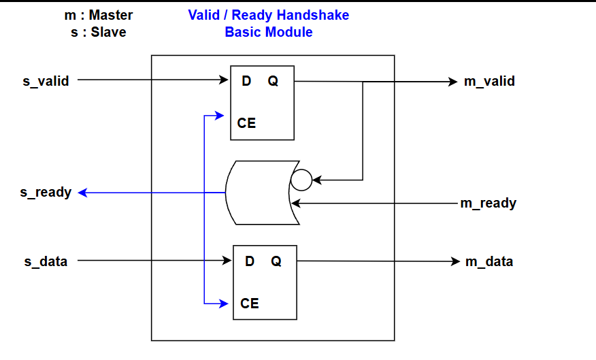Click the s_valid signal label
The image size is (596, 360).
pyautogui.click(x=46, y=82)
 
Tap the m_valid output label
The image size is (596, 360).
pyautogui.click(x=489, y=82)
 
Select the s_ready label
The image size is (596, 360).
pyautogui.click(x=46, y=193)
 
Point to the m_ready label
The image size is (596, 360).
pyautogui.click(x=488, y=203)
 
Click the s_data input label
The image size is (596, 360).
pyautogui.click(x=45, y=261)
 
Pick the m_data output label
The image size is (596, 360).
pyautogui.click(x=489, y=262)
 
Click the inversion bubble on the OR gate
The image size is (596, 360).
pyautogui.click(x=301, y=180)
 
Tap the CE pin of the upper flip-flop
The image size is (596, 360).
pyautogui.click(x=246, y=124)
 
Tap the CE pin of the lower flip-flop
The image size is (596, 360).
pyautogui.click(x=250, y=304)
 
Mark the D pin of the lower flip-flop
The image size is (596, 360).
pyautogui.click(x=250, y=261)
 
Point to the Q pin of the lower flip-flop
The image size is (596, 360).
pyautogui.click(x=276, y=261)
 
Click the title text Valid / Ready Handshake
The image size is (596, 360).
pyautogui.click(x=268, y=15)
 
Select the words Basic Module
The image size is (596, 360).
pyautogui.click(x=268, y=32)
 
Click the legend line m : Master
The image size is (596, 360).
pyautogui.click(x=99, y=15)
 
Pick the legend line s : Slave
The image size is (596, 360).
pyautogui.click(x=98, y=32)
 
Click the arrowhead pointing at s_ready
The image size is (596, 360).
pyautogui.click(x=82, y=193)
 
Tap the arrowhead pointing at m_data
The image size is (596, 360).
pyautogui.click(x=456, y=262)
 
